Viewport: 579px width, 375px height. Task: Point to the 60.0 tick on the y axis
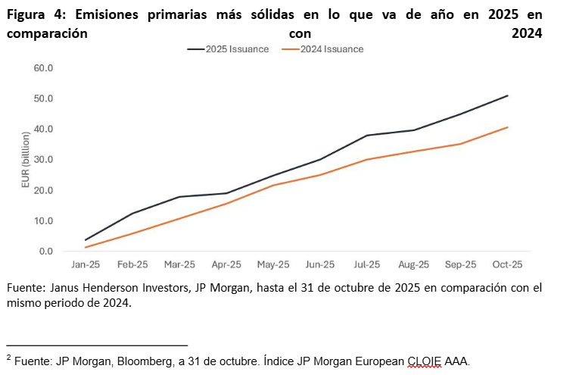(x=43, y=68)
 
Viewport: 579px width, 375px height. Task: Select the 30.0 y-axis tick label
(x=43, y=160)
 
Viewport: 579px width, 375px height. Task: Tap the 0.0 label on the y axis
(x=45, y=252)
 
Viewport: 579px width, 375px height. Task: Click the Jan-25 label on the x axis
(x=86, y=265)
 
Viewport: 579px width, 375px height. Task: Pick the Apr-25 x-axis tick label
(x=226, y=265)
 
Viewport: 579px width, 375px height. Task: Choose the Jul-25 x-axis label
(x=367, y=265)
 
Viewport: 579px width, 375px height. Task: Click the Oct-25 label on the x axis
(x=507, y=265)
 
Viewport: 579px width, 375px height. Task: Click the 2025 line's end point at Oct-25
(x=507, y=95)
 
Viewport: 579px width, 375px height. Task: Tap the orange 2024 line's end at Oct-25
(x=507, y=127)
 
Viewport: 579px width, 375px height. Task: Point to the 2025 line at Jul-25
(x=367, y=136)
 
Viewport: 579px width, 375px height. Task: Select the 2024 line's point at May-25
(x=273, y=185)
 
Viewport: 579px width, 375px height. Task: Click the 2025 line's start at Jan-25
(x=86, y=240)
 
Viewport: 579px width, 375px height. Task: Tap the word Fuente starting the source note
(x=24, y=289)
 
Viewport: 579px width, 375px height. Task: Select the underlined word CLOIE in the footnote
(x=425, y=361)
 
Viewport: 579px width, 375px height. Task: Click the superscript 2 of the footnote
(x=8, y=357)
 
